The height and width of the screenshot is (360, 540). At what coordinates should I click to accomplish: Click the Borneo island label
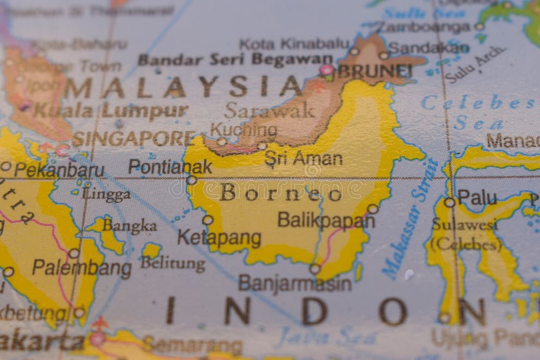click(x=281, y=192)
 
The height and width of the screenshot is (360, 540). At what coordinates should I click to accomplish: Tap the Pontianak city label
click(x=170, y=167)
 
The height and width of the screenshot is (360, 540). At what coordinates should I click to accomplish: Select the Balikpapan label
click(x=326, y=220)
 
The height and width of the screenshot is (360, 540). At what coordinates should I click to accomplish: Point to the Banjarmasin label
click(x=294, y=283)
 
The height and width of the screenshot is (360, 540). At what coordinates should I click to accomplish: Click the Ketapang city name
click(x=219, y=238)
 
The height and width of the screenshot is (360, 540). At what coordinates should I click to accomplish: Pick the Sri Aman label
click(x=303, y=158)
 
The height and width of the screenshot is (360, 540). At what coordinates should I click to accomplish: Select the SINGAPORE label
click(x=133, y=139)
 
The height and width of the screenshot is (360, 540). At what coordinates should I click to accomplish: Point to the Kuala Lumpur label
click(x=111, y=111)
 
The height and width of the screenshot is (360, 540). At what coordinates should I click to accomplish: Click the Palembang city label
click(x=82, y=268)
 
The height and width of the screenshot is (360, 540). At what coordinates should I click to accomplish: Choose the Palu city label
click(x=477, y=197)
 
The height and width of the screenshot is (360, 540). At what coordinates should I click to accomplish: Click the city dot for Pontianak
click(x=192, y=180)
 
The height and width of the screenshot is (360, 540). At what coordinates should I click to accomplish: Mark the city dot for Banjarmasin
click(x=315, y=269)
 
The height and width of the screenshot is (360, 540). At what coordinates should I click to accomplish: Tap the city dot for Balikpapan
click(x=372, y=209)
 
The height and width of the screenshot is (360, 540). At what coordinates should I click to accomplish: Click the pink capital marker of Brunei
click(x=326, y=70)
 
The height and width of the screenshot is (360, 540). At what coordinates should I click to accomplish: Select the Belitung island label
click(x=173, y=264)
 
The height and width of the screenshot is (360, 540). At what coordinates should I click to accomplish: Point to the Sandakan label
click(x=428, y=48)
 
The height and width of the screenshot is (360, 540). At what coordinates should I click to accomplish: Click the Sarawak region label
click(x=269, y=110)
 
